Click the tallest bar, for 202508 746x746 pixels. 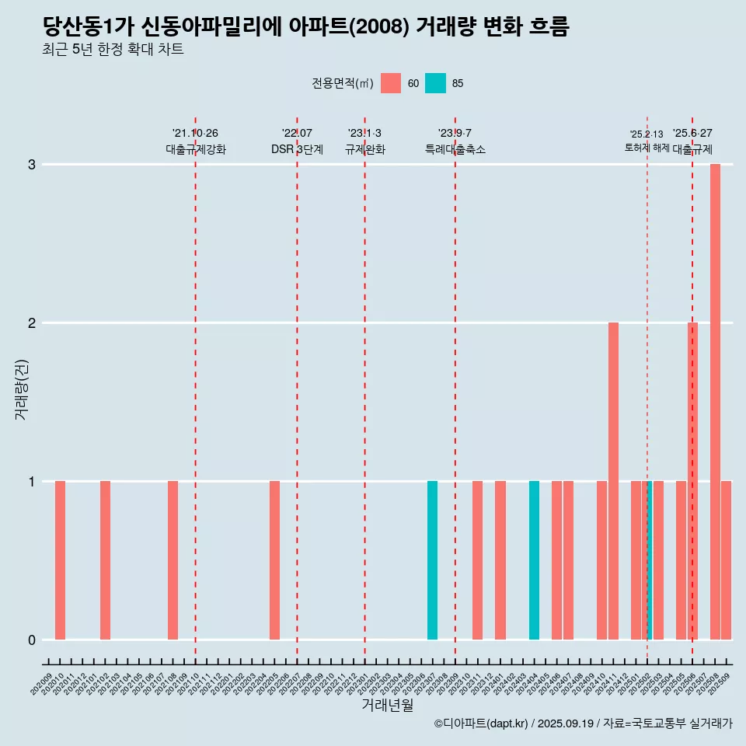point(715,402)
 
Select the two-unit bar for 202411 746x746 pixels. point(613,481)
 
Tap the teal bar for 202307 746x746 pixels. point(432,560)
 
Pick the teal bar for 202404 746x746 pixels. point(534,560)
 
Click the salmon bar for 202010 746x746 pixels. point(60,560)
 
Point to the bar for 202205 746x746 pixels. point(274,560)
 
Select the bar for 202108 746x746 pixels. point(173,560)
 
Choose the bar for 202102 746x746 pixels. point(105,560)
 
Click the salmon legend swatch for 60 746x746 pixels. point(391,83)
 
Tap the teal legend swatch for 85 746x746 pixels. point(435,83)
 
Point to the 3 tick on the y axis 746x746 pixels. point(32,165)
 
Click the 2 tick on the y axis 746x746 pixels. point(32,323)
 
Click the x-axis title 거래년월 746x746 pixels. point(387,705)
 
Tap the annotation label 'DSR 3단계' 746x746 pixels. point(297,149)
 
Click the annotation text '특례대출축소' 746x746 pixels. point(455,149)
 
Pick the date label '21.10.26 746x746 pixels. point(195,133)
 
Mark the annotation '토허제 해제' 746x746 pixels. point(647,148)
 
